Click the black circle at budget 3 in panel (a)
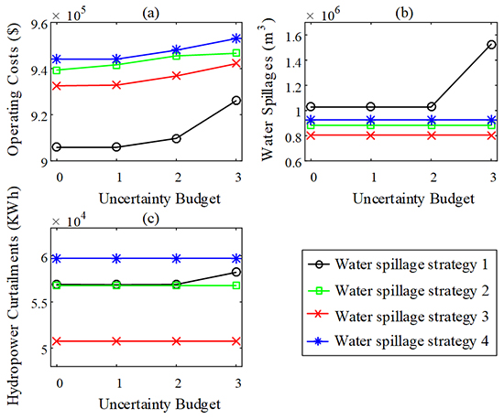pos(236,101)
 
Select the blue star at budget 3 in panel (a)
pos(236,38)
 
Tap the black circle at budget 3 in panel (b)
pos(492,45)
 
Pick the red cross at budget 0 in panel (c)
pos(59,341)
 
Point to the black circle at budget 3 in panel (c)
pos(236,272)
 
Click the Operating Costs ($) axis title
pos(13,92)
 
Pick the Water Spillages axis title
pos(268,92)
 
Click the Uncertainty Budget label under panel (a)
pos(148,196)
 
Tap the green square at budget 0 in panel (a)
pos(59,70)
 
